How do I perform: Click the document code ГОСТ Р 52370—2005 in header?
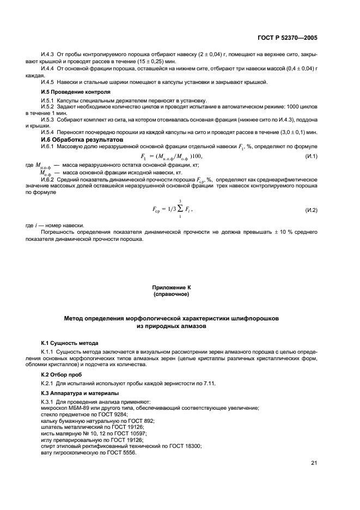click(x=287, y=38)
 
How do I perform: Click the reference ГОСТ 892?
click(x=142, y=422)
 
